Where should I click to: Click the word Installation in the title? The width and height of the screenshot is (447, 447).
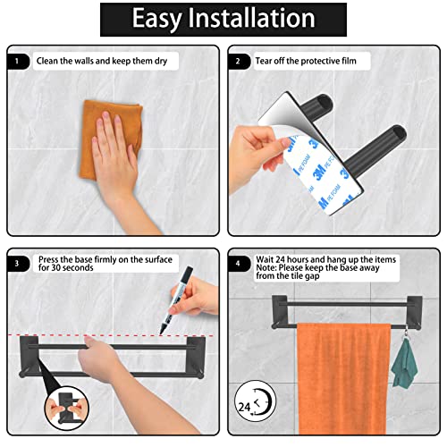251,18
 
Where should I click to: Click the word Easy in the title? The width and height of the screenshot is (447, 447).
156,20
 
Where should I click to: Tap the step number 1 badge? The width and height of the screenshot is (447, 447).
18,62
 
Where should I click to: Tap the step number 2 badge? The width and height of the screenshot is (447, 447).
239,62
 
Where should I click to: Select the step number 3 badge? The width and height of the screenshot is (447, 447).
18,264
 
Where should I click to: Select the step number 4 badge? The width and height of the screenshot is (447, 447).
239,264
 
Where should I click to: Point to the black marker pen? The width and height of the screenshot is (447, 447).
177,299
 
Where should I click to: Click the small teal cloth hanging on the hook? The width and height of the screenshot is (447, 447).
404,364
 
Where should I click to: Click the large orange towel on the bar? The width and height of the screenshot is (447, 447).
344,378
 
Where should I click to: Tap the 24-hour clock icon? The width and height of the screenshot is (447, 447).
255,401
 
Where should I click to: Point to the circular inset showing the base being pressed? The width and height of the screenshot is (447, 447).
67,409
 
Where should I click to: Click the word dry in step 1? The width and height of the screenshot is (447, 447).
161,61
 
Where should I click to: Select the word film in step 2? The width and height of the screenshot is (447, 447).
349,61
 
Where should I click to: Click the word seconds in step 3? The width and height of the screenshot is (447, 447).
78,267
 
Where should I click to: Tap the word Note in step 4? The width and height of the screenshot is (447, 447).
266,267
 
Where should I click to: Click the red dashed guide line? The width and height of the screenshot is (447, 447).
111,335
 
